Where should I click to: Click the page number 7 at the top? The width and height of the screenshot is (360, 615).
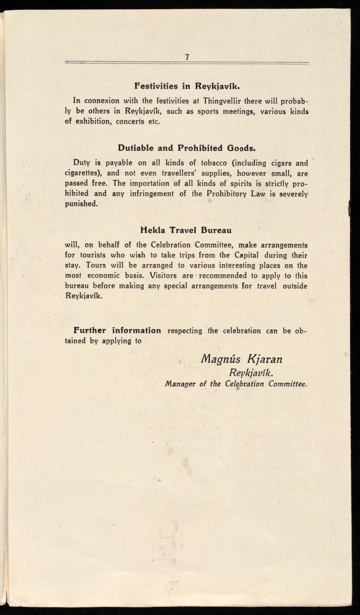pyautogui.click(x=187, y=57)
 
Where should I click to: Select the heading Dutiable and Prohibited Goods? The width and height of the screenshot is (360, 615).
pyautogui.click(x=186, y=149)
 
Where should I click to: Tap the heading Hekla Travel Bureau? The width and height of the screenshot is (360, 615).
pyautogui.click(x=186, y=231)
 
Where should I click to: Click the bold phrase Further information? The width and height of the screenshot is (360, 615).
pyautogui.click(x=117, y=331)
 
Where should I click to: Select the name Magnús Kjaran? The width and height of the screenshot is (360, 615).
pyautogui.click(x=242, y=358)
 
